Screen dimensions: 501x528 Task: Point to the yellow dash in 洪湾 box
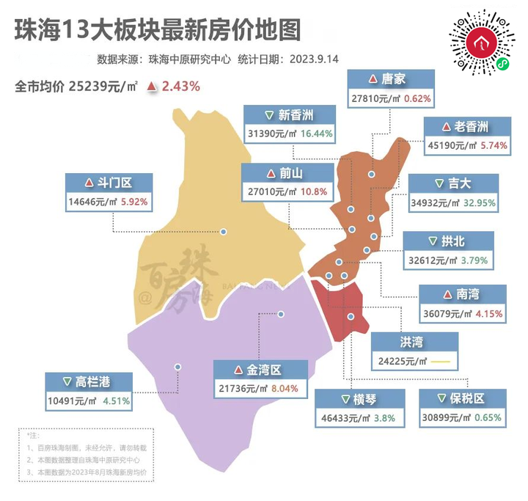point(439,361)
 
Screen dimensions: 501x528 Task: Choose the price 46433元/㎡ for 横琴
point(343,418)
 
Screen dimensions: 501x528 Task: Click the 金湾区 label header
point(257,369)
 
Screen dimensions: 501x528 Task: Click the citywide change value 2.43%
point(181,86)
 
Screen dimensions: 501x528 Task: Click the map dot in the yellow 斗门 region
point(225,232)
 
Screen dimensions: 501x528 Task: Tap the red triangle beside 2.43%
point(152,87)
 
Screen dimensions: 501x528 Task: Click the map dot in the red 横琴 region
point(351,317)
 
